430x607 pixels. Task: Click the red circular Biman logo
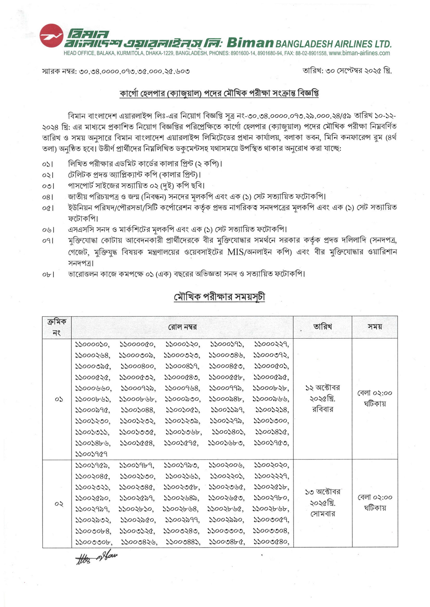tap(51, 36)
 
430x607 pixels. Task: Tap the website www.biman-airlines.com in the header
tap(359, 53)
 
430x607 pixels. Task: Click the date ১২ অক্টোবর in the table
tap(322, 388)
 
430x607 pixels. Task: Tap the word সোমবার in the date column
tap(322, 514)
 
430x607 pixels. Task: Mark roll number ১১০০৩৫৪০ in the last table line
tap(271, 542)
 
